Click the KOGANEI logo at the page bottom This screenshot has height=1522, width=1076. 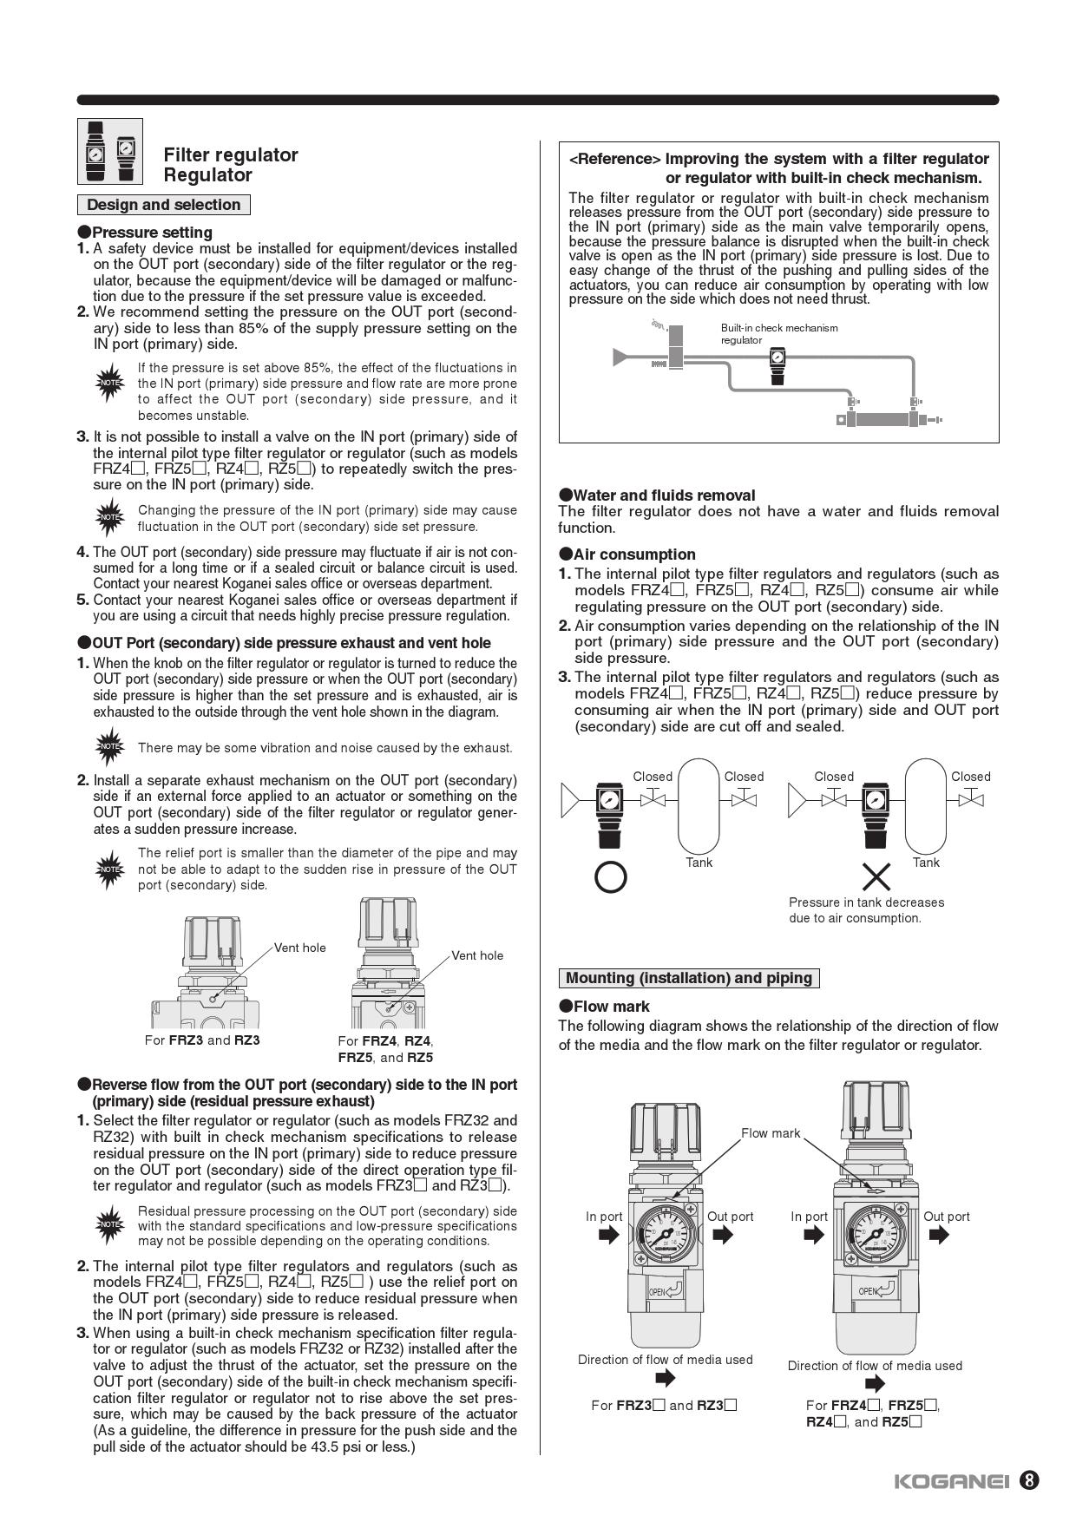tap(951, 1481)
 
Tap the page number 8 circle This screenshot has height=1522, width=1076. tap(1028, 1480)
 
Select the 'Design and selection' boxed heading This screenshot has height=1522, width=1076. tap(164, 205)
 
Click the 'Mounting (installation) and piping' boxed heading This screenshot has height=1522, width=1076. tap(689, 978)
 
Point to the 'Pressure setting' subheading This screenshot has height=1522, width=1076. tap(152, 233)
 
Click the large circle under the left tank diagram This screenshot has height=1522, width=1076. tap(611, 878)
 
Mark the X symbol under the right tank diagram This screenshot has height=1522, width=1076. tap(876, 878)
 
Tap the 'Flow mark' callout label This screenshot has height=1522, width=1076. tap(770, 1132)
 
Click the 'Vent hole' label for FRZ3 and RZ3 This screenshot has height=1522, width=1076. tap(300, 948)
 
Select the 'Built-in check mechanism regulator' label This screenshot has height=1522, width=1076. tap(778, 334)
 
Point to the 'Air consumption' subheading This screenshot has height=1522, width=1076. tap(634, 554)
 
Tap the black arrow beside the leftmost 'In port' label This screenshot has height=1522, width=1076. tap(609, 1235)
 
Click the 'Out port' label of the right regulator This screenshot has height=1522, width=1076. tap(946, 1217)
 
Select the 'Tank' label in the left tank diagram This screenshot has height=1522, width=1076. tap(699, 863)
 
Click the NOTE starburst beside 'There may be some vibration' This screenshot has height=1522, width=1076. tap(109, 747)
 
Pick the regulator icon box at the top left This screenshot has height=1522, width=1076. tap(109, 152)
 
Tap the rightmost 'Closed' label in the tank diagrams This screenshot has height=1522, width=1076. tap(970, 777)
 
